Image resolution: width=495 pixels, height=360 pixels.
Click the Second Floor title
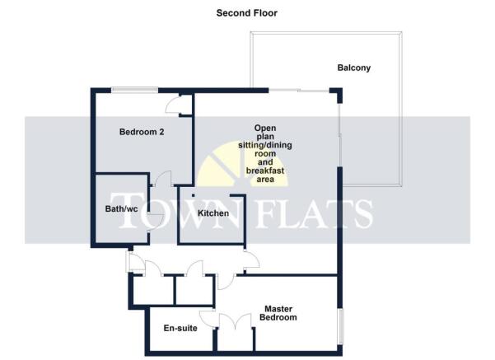[x=247, y=13]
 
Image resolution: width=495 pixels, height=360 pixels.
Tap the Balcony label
[x=353, y=68]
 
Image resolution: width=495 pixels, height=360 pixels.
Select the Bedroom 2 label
[x=142, y=132]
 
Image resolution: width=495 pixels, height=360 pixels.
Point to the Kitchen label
[x=213, y=214]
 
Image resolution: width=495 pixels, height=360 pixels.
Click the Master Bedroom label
[x=278, y=312]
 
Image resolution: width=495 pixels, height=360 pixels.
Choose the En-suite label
[x=180, y=329]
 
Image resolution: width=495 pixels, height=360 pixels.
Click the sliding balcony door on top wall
[x=301, y=90]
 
